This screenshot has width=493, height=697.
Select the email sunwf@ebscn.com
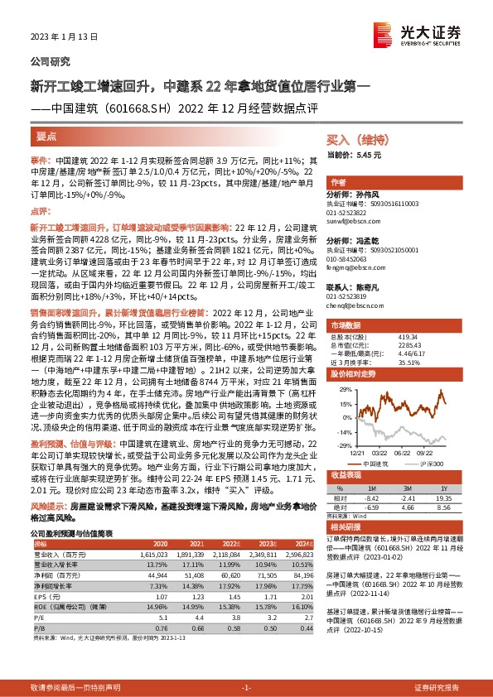352,222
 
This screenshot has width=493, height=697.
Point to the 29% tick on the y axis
337,388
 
